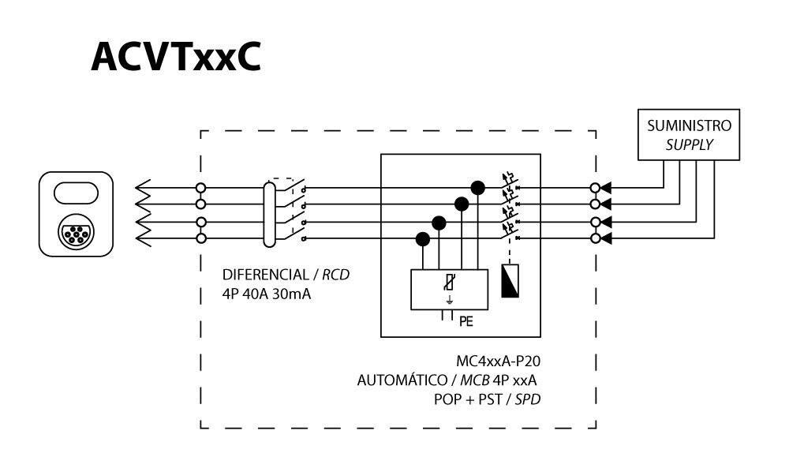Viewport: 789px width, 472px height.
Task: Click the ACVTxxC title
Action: pos(175,58)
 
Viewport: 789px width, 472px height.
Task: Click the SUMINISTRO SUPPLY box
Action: pos(689,135)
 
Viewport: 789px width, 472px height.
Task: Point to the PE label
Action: pos(466,320)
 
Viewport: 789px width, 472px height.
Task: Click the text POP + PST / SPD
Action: pos(492,399)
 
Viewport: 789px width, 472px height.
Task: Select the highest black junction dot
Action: pos(477,187)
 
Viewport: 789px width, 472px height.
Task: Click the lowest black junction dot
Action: pos(423,238)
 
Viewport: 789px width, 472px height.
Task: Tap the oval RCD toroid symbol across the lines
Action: pos(269,213)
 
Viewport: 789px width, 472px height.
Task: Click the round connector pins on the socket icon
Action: pos(75,234)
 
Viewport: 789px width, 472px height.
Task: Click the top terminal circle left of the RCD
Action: pos(201,189)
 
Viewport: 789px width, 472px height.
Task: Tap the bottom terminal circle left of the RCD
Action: pos(201,238)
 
